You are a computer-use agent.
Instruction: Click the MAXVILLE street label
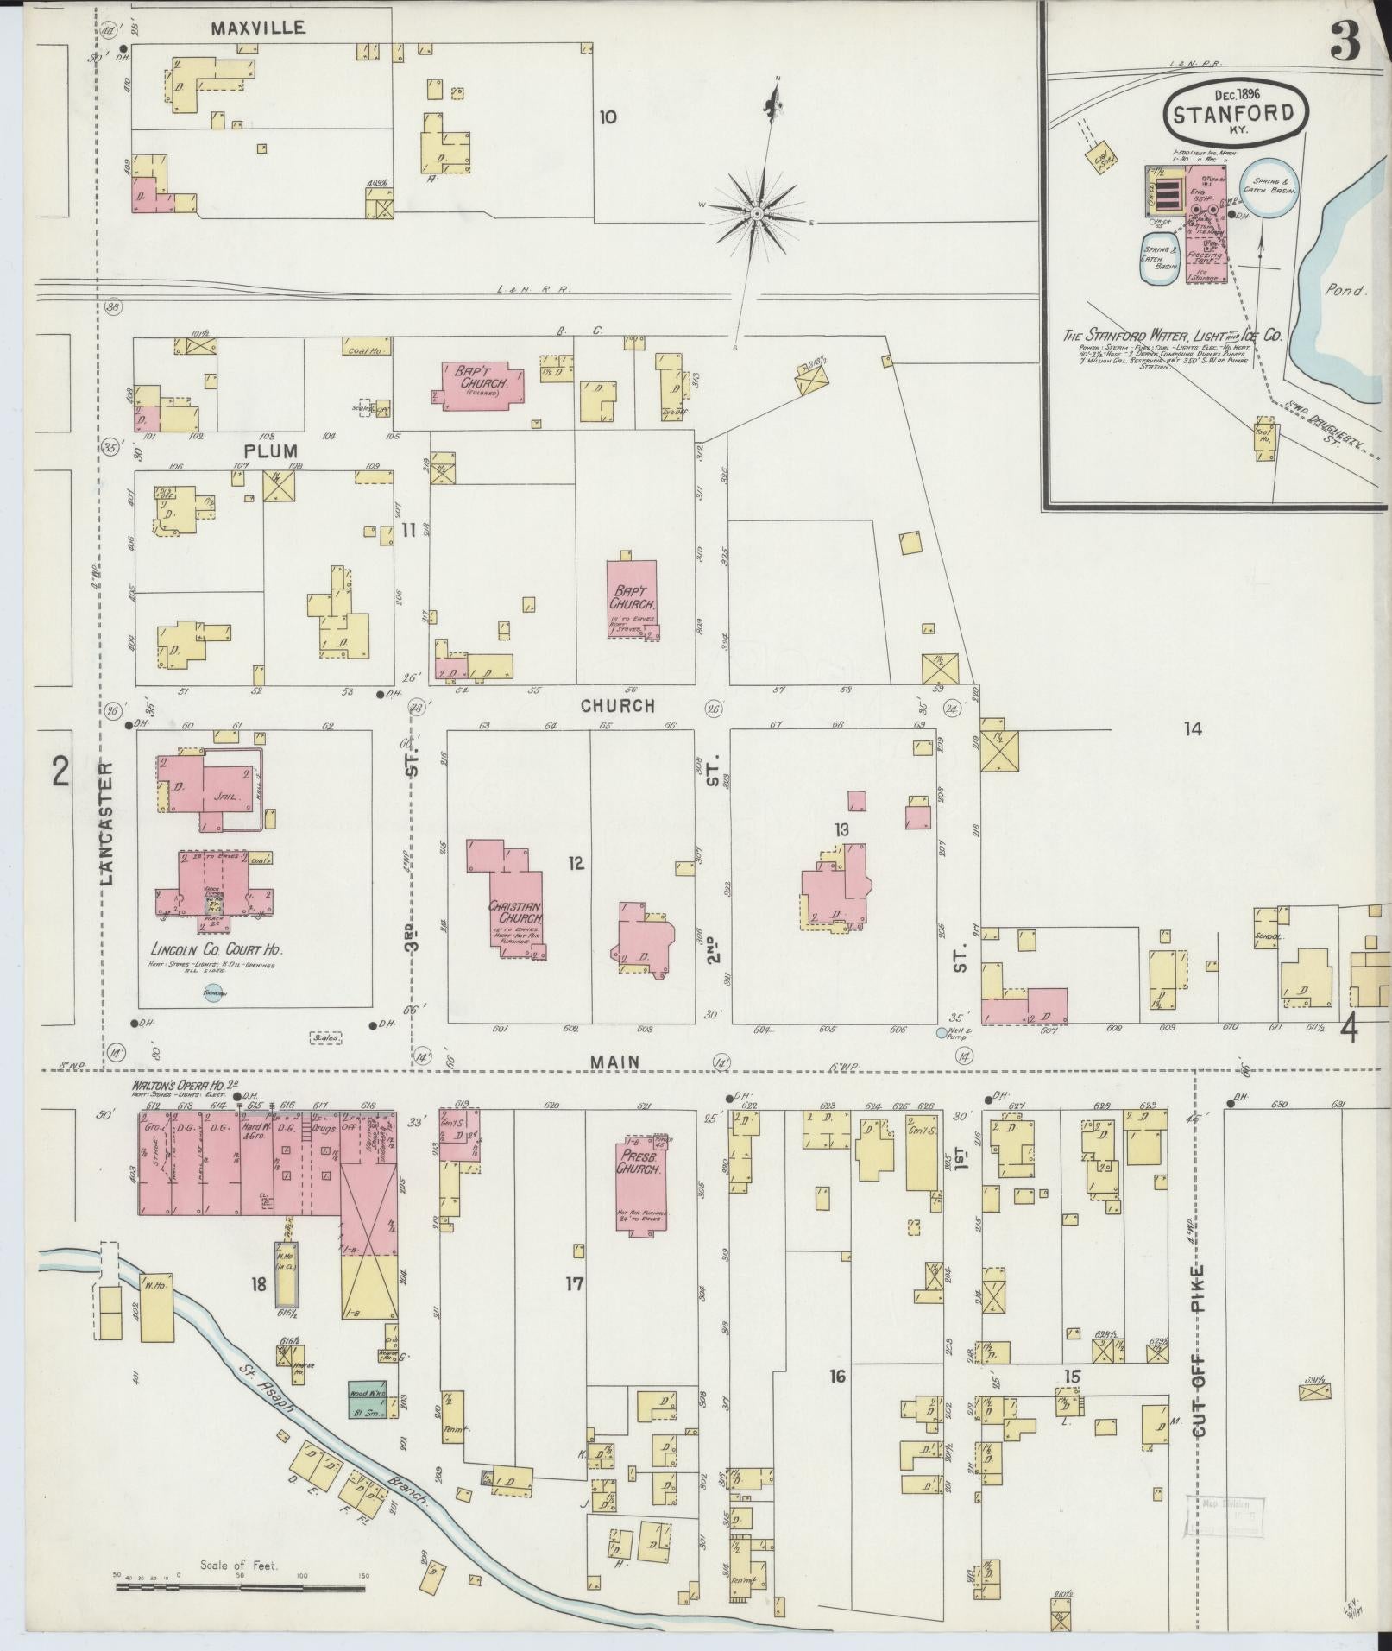click(258, 28)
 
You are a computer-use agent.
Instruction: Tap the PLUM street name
click(270, 451)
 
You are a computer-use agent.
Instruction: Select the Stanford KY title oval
click(1235, 113)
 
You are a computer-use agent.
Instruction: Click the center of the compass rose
click(757, 211)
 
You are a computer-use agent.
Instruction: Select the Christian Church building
click(515, 907)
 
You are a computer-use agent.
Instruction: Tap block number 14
click(1193, 729)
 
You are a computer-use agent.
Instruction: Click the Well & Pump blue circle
click(942, 1032)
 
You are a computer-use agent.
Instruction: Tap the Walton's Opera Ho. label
click(182, 1084)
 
